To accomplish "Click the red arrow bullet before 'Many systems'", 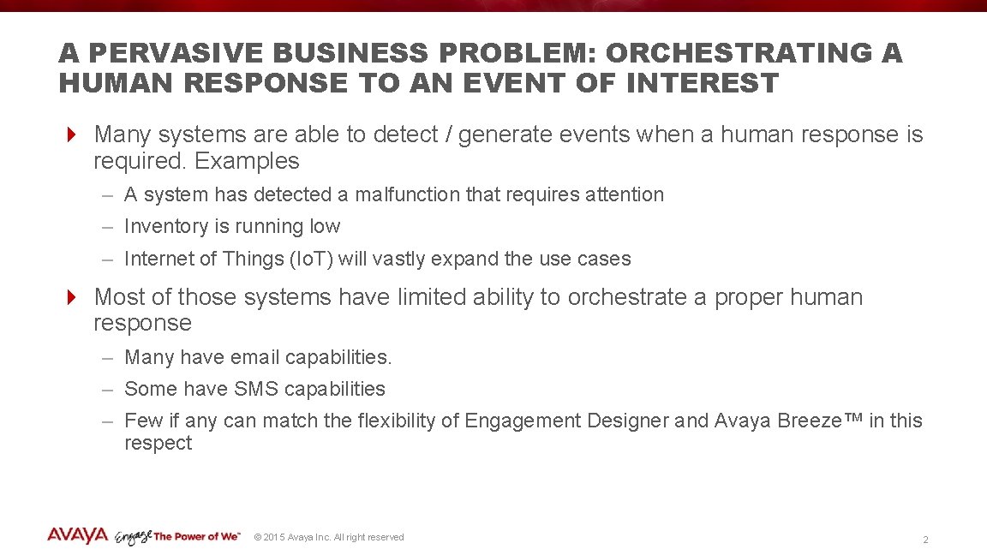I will pyautogui.click(x=73, y=134).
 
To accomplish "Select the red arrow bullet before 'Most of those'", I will pyautogui.click(x=73, y=297).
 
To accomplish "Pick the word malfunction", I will pyautogui.click(x=407, y=194).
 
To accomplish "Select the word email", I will pyautogui.click(x=254, y=357).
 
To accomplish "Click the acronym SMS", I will pyautogui.click(x=255, y=389).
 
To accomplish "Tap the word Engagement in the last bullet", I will pyautogui.click(x=523, y=421).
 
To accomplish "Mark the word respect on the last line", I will pyautogui.click(x=158, y=444).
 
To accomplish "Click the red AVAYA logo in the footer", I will pyautogui.click(x=77, y=536).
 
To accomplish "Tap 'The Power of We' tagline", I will pyautogui.click(x=197, y=537).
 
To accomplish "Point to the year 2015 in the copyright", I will pyautogui.click(x=274, y=537).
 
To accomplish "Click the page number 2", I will pyautogui.click(x=925, y=540).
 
